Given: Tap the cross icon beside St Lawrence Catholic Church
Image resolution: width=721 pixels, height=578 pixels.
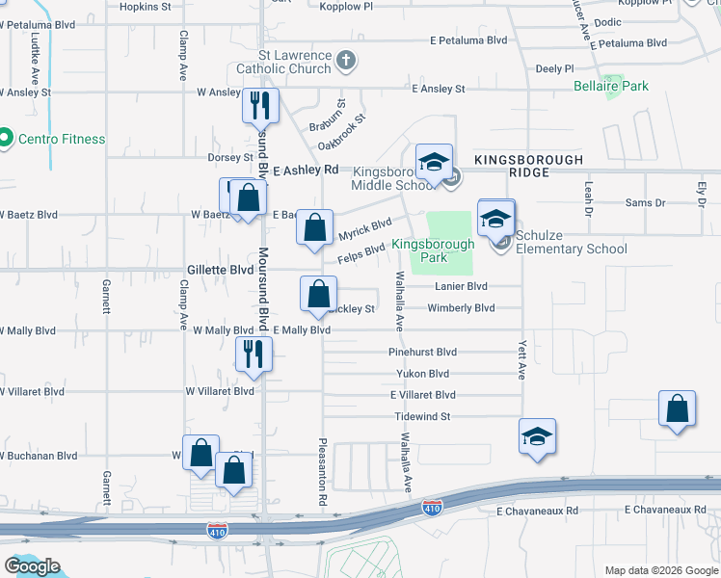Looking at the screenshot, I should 346,63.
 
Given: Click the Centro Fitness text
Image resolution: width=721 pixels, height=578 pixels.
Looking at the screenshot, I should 63,139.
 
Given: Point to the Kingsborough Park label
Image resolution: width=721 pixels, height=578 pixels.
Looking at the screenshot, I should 433,250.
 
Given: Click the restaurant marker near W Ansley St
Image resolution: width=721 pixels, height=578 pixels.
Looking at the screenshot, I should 258,105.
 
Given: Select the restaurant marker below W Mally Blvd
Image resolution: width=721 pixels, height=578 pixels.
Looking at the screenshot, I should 254,355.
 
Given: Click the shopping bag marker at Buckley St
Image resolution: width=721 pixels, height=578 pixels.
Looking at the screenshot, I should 318,294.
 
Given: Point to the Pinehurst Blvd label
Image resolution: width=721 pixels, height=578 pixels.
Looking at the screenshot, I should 422,353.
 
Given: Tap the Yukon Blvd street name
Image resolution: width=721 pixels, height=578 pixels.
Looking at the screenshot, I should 423,374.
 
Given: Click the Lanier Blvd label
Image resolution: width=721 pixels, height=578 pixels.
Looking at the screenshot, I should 462,287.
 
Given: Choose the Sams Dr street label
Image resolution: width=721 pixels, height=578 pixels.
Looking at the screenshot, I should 645,203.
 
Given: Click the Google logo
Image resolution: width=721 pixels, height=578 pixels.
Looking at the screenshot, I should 33,566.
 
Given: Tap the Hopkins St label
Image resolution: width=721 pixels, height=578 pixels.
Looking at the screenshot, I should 145,6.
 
